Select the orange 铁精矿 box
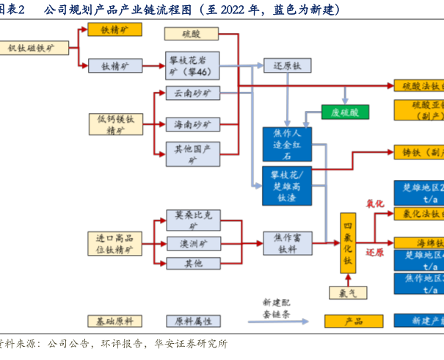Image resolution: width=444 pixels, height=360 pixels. (x=115, y=30)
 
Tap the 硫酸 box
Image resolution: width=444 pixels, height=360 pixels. (x=191, y=33)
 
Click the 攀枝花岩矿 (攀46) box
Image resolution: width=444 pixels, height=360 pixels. (x=191, y=65)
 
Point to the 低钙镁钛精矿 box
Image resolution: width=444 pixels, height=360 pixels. (x=115, y=124)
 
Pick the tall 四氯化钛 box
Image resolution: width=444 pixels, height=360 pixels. (x=348, y=243)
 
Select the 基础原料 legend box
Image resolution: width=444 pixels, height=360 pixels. (x=115, y=321)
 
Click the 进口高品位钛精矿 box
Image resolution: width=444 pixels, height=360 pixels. (x=115, y=243)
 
